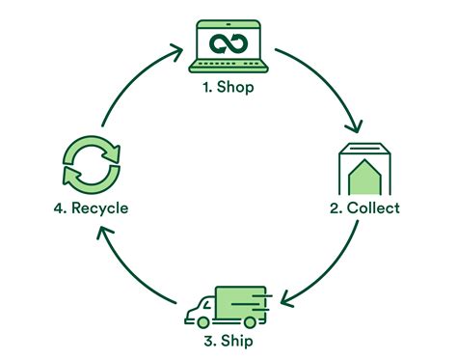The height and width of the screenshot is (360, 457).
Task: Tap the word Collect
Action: tap(373, 208)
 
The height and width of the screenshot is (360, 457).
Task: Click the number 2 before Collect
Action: tap(335, 208)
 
